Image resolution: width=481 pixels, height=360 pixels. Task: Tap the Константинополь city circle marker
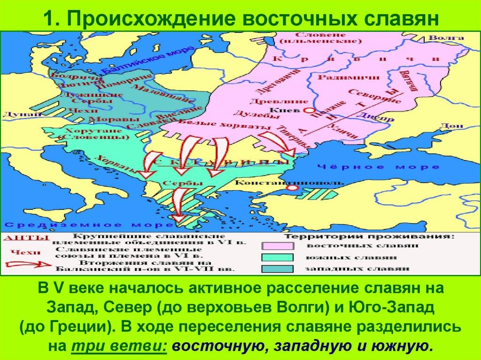coord(292,188)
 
